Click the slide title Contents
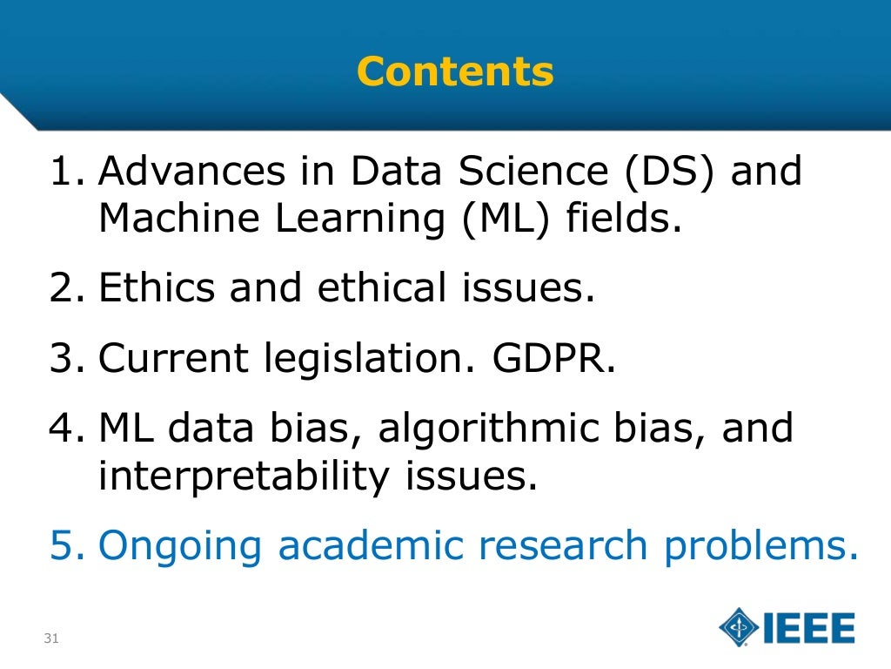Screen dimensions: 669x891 [x=455, y=71]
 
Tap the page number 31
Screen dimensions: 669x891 [x=50, y=639]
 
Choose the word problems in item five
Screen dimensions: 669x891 [x=755, y=546]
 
